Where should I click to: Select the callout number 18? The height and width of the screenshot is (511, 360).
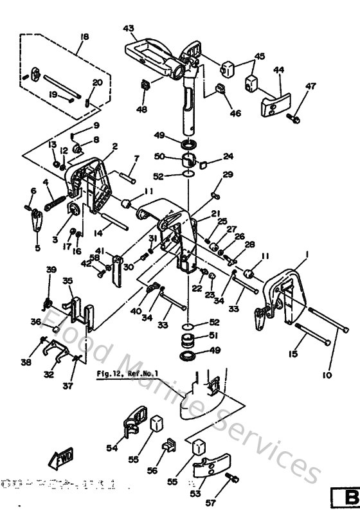tap(82, 37)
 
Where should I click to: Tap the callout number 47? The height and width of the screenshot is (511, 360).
tap(310, 86)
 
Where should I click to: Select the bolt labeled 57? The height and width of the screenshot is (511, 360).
tap(233, 479)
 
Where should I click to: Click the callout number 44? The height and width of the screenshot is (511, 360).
tap(278, 69)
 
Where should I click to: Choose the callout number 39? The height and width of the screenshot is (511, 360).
tap(52, 269)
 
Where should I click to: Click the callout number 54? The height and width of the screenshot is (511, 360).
tap(111, 448)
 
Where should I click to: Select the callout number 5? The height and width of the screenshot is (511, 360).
tap(37, 247)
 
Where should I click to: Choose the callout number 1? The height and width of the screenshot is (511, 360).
tap(307, 255)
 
